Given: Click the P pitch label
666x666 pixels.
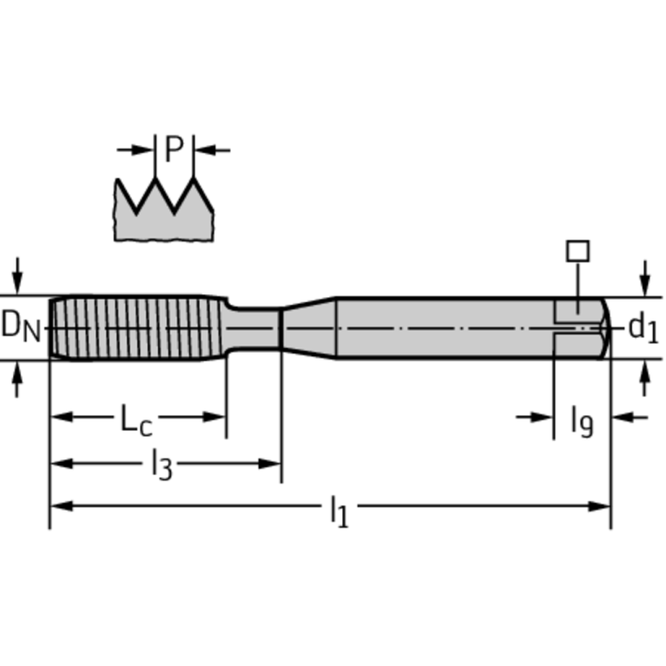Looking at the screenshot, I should (175, 150).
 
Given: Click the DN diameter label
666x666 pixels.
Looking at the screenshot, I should (20, 326).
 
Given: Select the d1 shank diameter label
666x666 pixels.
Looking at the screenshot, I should (643, 327).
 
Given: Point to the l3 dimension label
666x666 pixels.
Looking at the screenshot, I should (161, 466).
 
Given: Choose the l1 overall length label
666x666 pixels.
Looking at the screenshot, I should (338, 510).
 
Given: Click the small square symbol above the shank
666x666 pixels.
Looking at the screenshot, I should (577, 251).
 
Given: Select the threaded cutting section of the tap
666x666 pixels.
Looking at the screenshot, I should (135, 327).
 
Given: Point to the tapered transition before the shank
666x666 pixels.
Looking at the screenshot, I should (309, 327).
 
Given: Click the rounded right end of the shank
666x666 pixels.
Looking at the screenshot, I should (601, 327).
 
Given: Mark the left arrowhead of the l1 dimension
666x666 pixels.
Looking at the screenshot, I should (57, 505).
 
